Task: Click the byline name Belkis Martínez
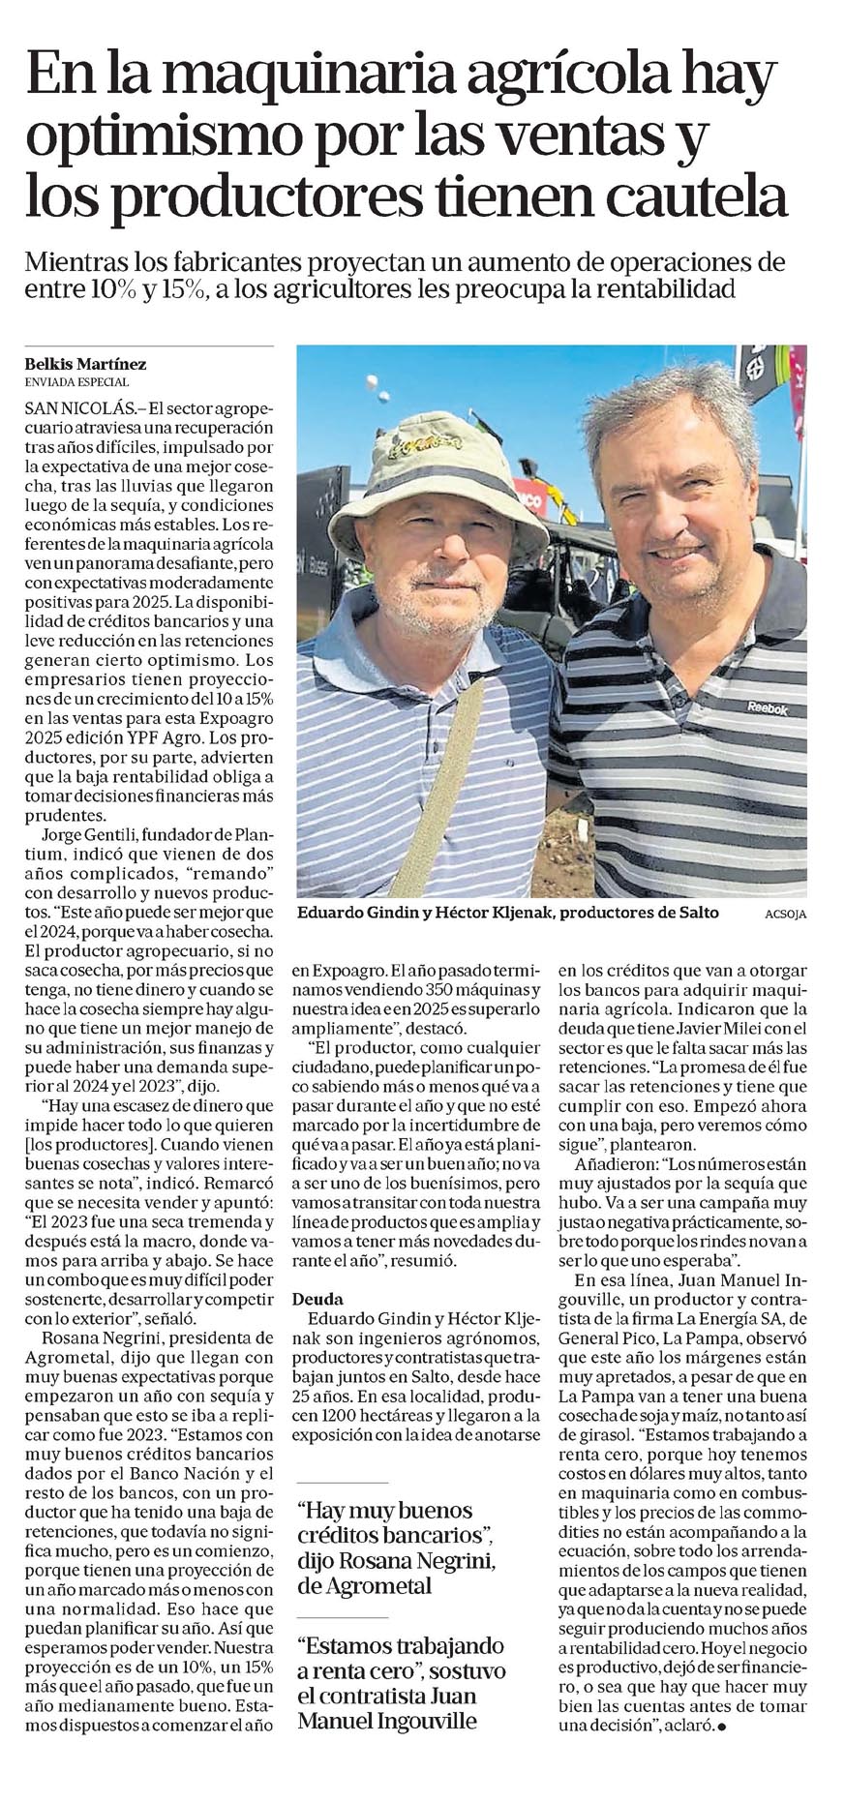86,364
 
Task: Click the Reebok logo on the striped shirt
766,708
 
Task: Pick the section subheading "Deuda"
318,1299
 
